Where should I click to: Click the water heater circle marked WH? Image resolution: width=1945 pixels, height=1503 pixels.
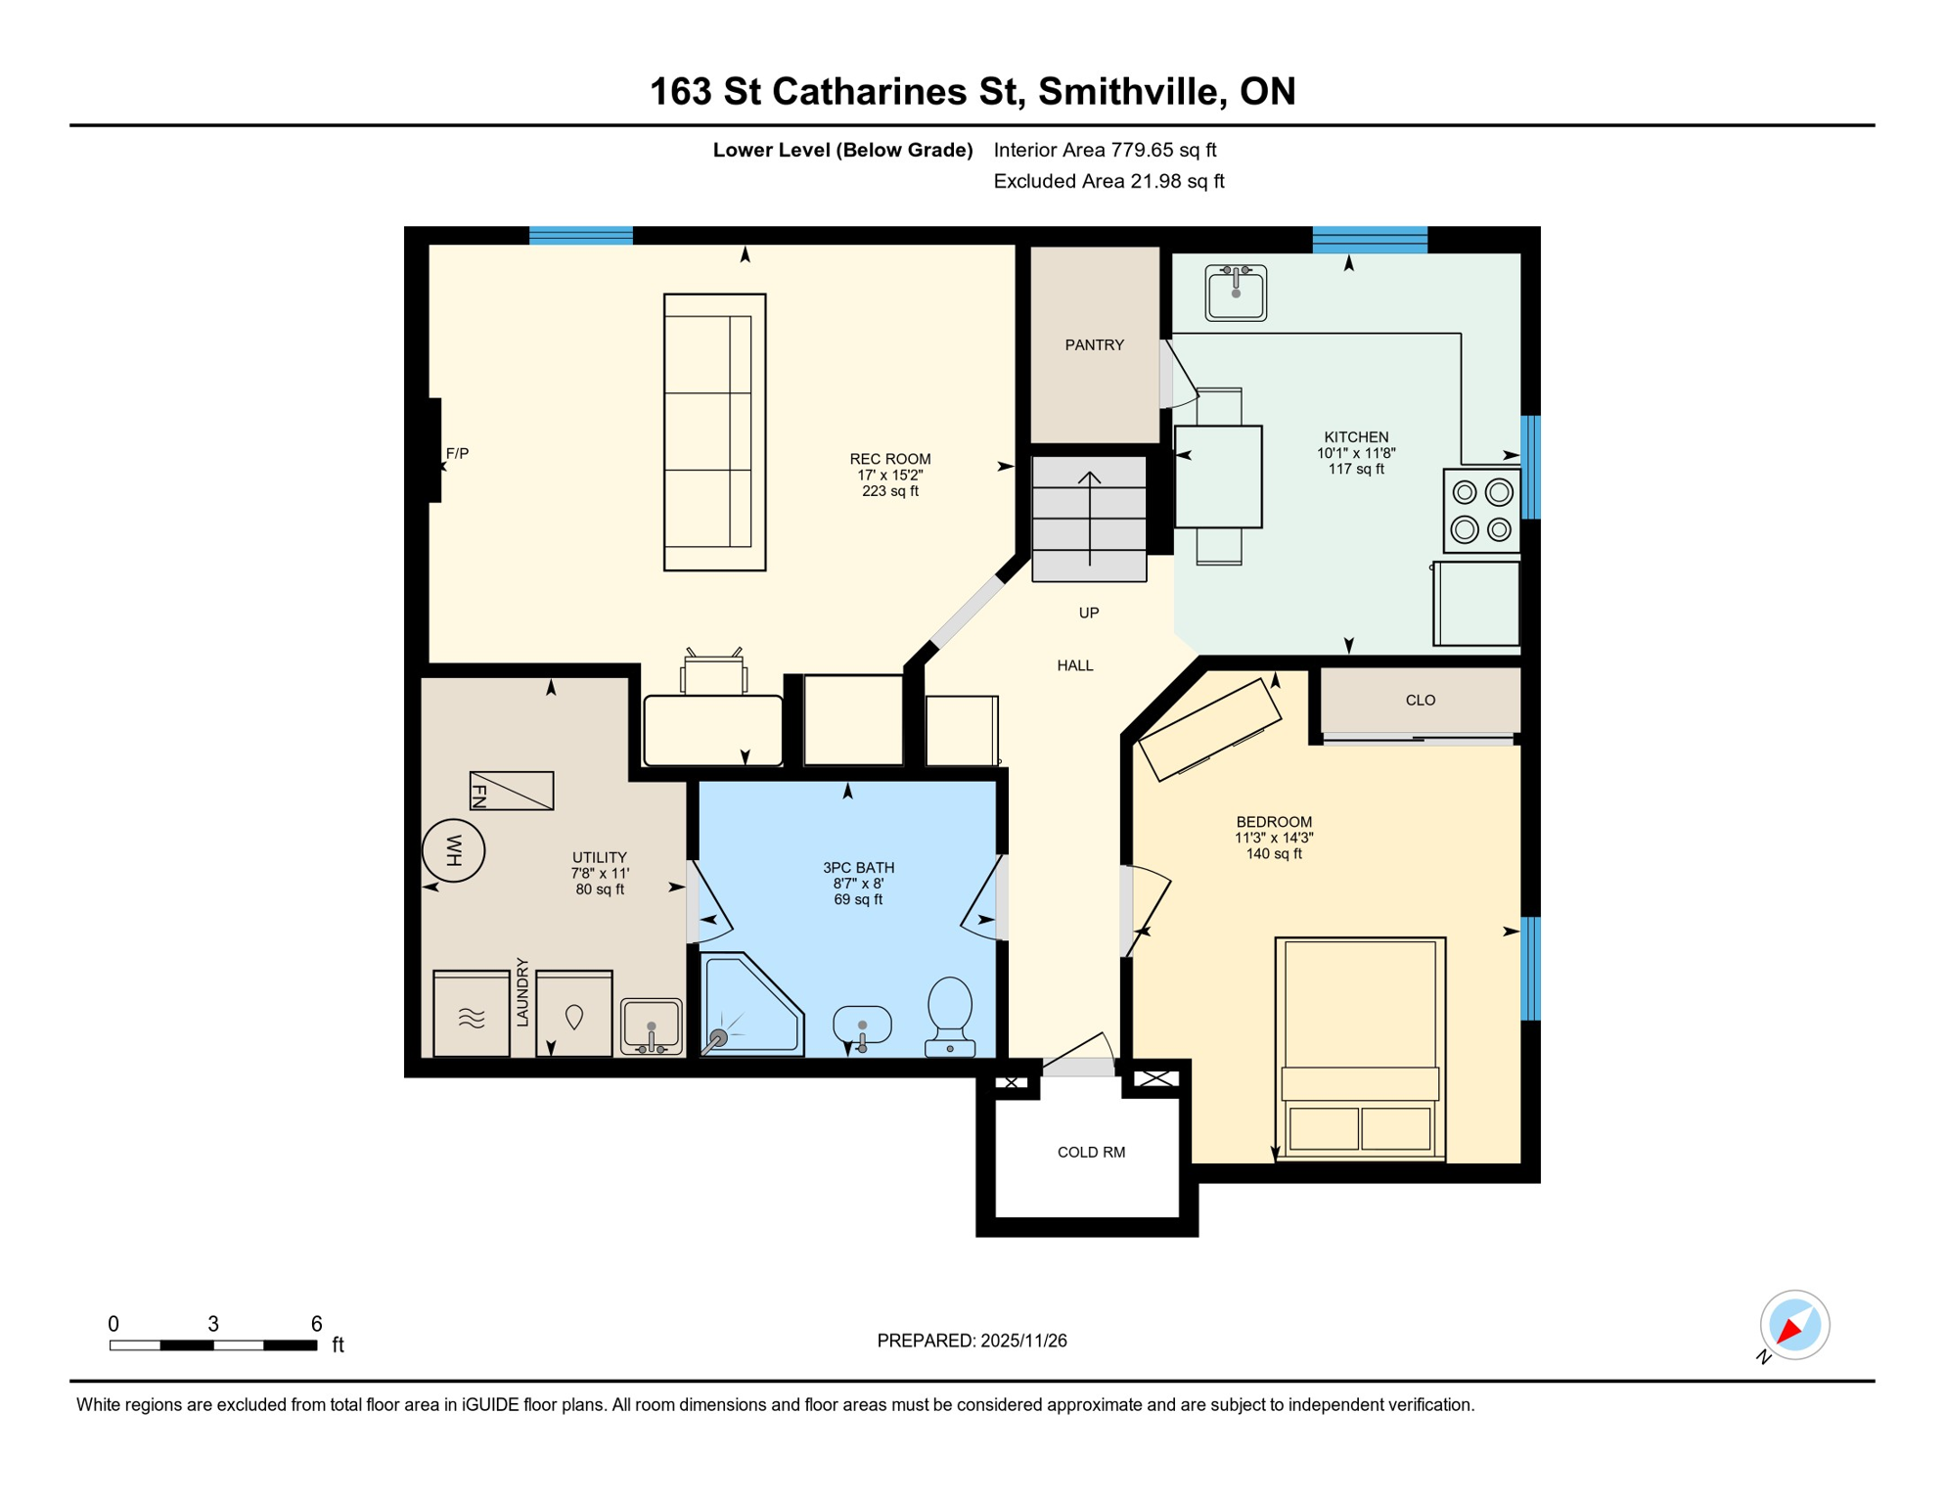453,850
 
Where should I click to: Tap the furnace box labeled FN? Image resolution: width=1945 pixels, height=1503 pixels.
512,791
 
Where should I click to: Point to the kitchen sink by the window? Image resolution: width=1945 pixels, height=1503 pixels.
1236,293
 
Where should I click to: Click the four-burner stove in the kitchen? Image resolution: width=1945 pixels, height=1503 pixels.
1481,511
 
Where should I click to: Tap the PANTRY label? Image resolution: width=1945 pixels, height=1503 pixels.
1094,345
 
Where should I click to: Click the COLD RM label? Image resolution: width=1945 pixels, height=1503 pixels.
1091,1153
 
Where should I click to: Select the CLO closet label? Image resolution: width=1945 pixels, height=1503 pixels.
1420,701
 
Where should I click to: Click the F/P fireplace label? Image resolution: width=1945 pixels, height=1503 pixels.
457,454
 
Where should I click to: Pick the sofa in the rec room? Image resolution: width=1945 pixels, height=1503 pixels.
714,432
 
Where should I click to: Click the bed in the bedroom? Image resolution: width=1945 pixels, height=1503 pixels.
1360,1048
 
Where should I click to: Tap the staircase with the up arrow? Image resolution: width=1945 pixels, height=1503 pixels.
1089,520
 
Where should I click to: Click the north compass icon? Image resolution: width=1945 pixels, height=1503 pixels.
1793,1326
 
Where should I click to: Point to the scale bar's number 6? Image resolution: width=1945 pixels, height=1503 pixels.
316,1324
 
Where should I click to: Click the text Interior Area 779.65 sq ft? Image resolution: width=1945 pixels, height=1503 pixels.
1105,150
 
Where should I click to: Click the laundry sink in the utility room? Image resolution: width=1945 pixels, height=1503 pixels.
651,1026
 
